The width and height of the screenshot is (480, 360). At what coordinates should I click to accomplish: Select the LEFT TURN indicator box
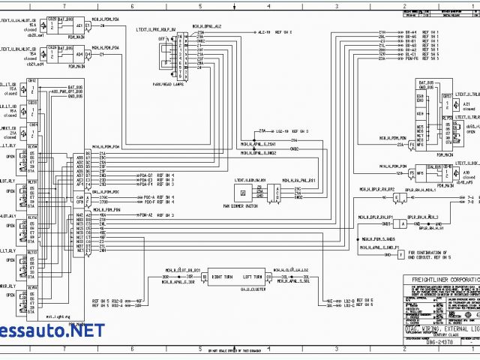click(252, 276)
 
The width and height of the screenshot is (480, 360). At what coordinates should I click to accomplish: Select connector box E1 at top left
click(88, 25)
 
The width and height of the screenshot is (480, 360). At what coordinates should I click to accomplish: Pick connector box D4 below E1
click(88, 54)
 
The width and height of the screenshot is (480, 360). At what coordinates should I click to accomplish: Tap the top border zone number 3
click(337, 4)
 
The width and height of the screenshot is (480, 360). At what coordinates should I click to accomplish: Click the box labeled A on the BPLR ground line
click(403, 223)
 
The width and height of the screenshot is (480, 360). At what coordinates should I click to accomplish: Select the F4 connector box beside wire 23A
click(412, 145)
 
